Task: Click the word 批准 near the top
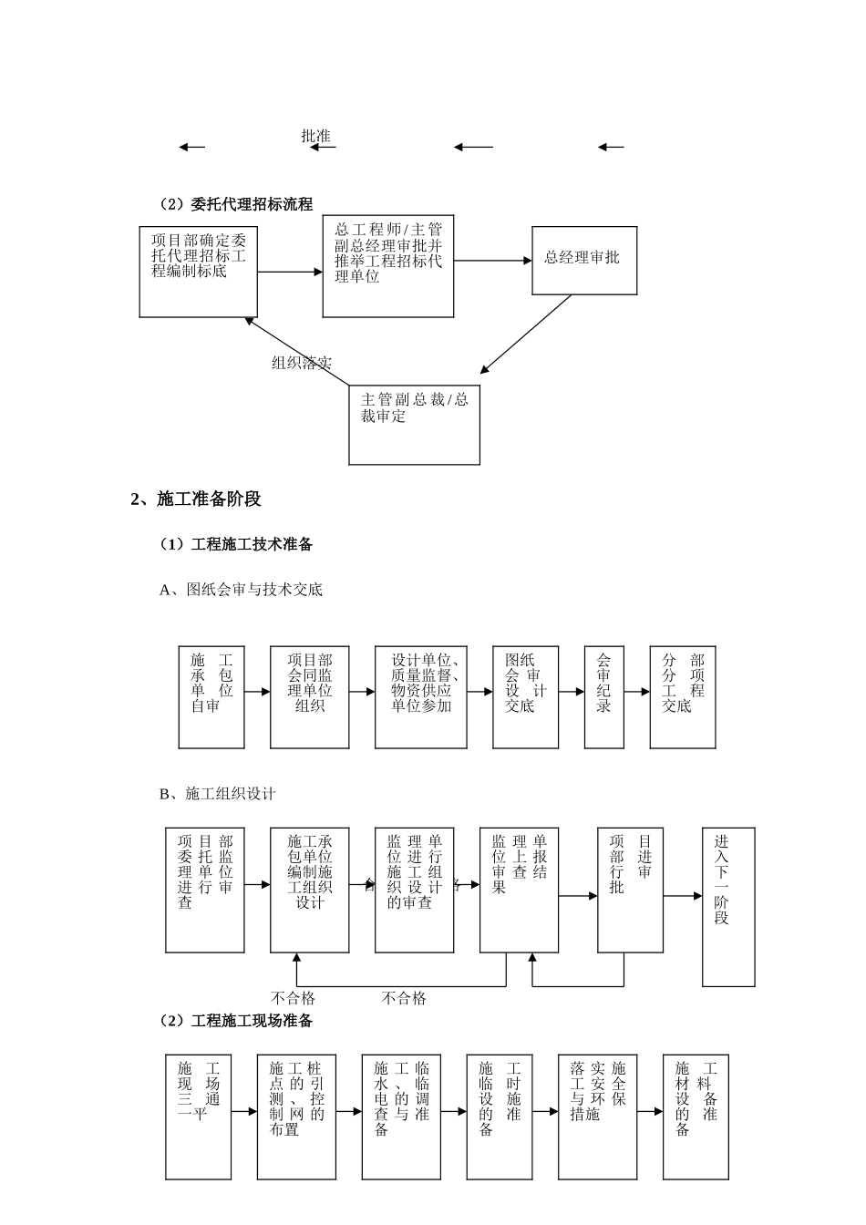[x=316, y=137]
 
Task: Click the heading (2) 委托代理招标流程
[x=236, y=203]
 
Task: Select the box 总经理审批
[x=583, y=259]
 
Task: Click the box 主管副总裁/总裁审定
[x=415, y=424]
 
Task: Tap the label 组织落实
[x=302, y=363]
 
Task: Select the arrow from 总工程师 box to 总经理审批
[x=492, y=261]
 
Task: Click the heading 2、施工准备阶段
[x=196, y=499]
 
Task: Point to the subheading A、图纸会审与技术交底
[x=242, y=590]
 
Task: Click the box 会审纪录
[x=603, y=696]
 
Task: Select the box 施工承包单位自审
[x=211, y=696]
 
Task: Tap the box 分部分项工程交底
[x=683, y=696]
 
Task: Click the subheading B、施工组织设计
[x=218, y=794]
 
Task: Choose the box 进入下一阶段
[x=727, y=906]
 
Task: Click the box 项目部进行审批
[x=630, y=889]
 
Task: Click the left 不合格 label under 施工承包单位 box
[x=294, y=998]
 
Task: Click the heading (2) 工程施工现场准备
[x=236, y=1021]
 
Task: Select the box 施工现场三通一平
[x=198, y=1117]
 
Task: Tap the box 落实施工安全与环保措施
[x=597, y=1117]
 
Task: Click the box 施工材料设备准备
[x=696, y=1117]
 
